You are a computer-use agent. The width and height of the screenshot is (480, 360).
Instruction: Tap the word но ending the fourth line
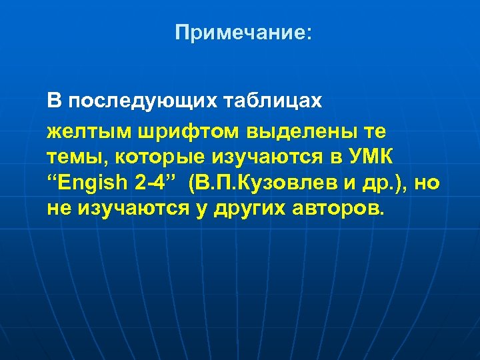pyautogui.click(x=427, y=184)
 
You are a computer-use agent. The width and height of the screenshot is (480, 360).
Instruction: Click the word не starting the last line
pyautogui.click(x=59, y=210)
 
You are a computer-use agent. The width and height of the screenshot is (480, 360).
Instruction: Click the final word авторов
pyautogui.click(x=338, y=210)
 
